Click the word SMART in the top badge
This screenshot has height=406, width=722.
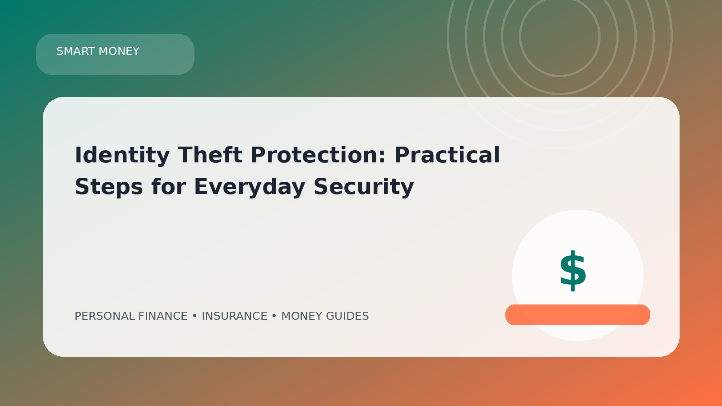click(x=76, y=51)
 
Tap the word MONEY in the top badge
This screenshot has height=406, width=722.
click(x=119, y=51)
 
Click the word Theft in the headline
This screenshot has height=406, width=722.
click(x=210, y=155)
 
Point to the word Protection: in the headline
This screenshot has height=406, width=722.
click(x=318, y=155)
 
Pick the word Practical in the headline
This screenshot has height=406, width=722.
click(x=447, y=155)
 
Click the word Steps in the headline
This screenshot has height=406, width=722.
click(x=109, y=187)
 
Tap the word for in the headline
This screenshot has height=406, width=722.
click(x=169, y=186)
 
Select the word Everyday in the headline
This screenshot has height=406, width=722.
click(x=250, y=187)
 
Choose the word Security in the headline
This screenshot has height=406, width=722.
click(x=364, y=187)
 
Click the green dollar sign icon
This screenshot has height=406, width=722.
click(x=573, y=271)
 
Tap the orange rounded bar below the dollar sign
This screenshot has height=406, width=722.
click(x=578, y=315)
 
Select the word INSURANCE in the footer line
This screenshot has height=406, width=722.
click(x=234, y=316)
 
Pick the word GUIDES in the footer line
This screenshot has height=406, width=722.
click(x=347, y=316)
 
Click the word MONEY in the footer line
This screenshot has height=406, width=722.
click(x=302, y=316)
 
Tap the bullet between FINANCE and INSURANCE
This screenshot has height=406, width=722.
click(x=194, y=316)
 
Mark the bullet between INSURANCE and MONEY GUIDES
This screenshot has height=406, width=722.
click(x=274, y=316)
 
